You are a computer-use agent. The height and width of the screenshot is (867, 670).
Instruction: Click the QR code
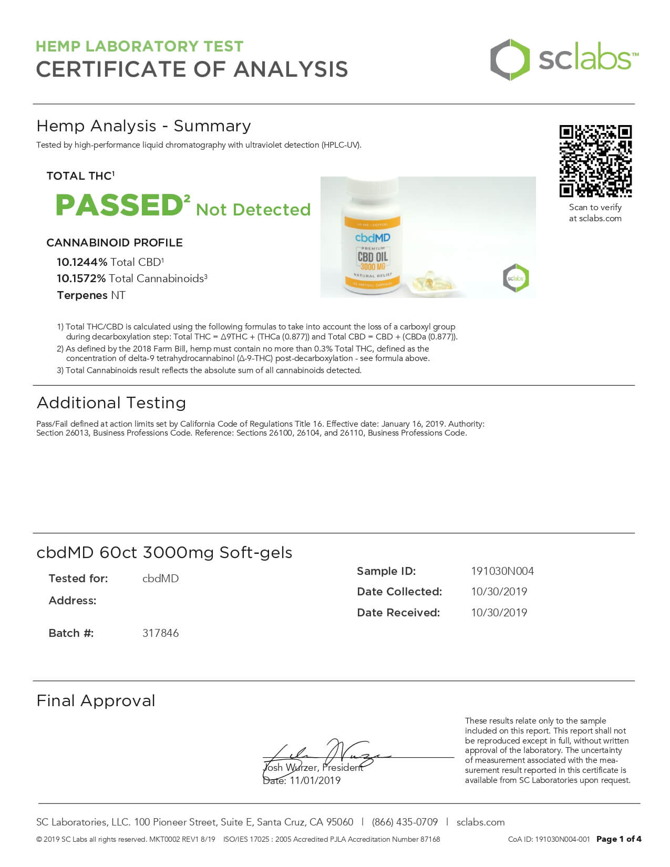(595, 161)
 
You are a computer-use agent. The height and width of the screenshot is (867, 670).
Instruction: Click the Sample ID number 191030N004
(502, 571)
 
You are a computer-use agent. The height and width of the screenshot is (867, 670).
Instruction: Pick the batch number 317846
(160, 633)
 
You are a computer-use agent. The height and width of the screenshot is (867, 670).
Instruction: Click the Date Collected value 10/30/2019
(499, 592)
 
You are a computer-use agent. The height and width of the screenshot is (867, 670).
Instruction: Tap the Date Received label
(398, 613)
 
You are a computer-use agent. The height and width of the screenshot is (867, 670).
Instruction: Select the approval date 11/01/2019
(314, 780)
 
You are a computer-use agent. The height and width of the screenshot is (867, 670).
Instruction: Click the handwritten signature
(326, 754)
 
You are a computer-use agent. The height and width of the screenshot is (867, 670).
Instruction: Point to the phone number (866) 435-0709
(405, 822)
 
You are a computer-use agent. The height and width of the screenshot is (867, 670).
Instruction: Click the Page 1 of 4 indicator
(619, 839)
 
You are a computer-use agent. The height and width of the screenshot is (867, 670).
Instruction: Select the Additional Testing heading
(111, 403)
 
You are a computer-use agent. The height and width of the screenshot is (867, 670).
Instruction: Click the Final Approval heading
(96, 701)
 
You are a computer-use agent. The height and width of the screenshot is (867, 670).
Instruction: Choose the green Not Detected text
(253, 210)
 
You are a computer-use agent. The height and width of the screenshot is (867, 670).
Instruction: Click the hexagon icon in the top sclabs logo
(509, 59)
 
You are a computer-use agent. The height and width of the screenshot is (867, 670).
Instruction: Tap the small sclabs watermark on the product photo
(516, 278)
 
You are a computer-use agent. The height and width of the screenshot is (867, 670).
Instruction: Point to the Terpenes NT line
(91, 295)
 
